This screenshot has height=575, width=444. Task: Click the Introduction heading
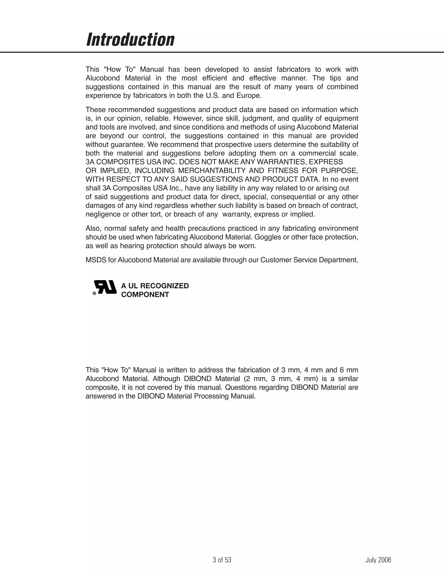[x=130, y=40]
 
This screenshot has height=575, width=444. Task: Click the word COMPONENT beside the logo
[x=145, y=295]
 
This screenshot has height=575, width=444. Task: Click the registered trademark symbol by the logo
[x=94, y=293]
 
